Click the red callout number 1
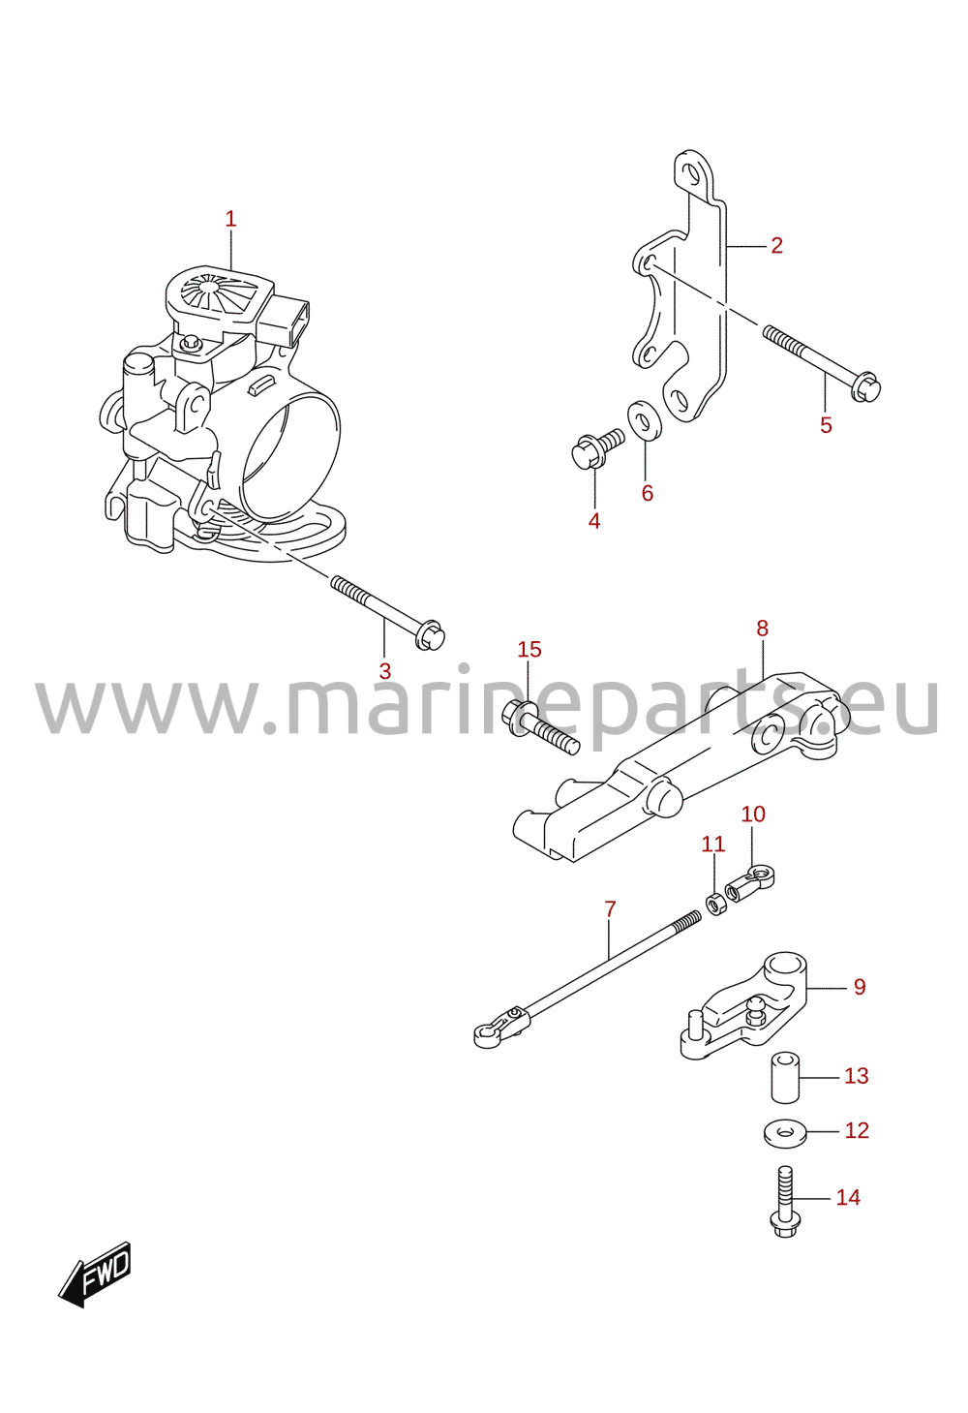[x=230, y=220]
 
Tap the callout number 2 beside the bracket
[x=776, y=245]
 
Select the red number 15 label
[x=529, y=649]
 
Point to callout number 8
[x=763, y=628]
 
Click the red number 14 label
[x=848, y=1197]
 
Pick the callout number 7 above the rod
[x=610, y=909]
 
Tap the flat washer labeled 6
[x=644, y=417]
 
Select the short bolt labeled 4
[x=596, y=448]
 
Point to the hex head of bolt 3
[x=430, y=634]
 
